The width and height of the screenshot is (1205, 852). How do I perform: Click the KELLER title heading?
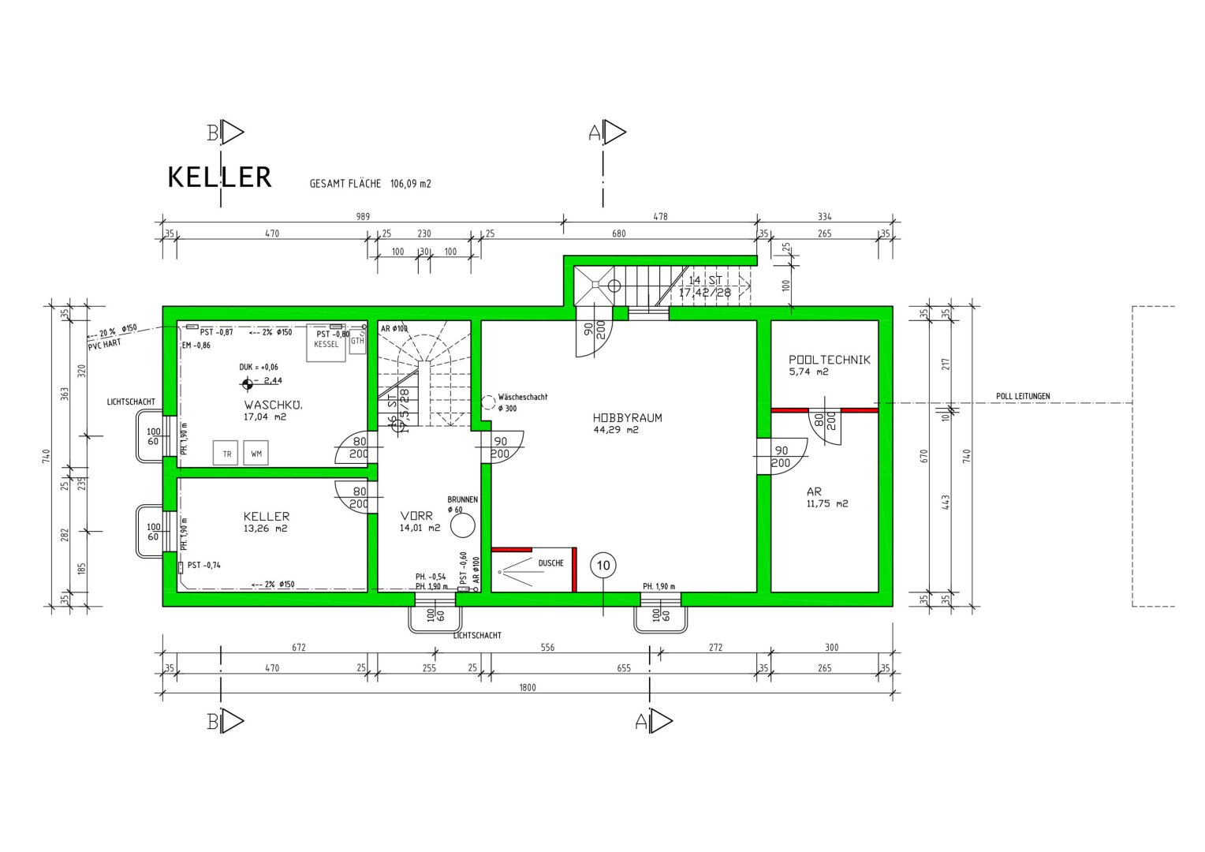coord(219,177)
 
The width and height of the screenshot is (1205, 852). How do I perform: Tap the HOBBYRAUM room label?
coord(627,418)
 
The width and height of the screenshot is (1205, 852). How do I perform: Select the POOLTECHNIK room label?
coord(830,360)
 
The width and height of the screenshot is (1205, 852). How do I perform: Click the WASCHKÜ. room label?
coord(273,405)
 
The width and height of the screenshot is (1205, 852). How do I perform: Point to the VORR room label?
coord(416,516)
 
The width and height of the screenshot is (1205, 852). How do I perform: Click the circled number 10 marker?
coord(603,566)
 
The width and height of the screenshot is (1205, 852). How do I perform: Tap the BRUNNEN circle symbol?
coord(464,525)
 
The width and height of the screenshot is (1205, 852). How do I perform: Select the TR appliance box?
coord(226,454)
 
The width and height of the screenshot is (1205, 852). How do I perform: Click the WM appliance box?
coord(256,454)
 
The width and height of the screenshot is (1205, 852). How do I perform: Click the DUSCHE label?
coord(550,563)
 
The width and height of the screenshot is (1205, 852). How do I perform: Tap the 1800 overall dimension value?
coord(528,688)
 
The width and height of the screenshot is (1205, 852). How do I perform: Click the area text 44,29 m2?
coord(615,431)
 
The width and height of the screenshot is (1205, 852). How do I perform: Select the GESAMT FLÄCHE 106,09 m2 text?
coord(370,184)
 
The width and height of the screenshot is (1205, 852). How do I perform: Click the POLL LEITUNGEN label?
coord(1022,397)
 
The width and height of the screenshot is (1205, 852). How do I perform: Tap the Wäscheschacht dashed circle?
coord(488,402)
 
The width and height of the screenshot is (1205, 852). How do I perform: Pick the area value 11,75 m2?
coord(827,503)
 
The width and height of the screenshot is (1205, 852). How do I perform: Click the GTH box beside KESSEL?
coord(357,340)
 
